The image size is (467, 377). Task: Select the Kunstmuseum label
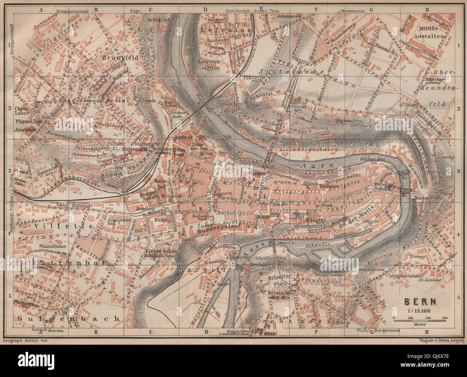(214, 137)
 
